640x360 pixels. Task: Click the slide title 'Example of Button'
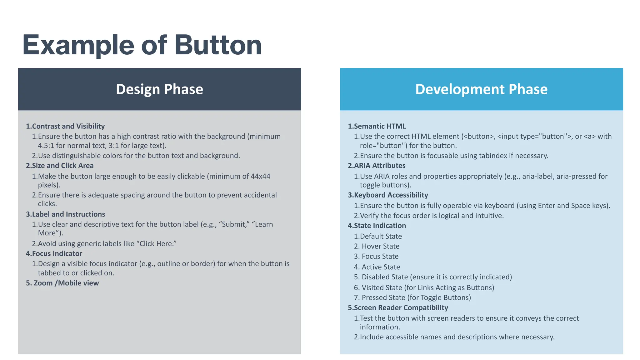[142, 45]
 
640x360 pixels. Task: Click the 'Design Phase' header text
[159, 89]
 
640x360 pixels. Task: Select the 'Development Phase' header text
[481, 89]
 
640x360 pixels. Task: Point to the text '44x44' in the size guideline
[260, 176]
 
